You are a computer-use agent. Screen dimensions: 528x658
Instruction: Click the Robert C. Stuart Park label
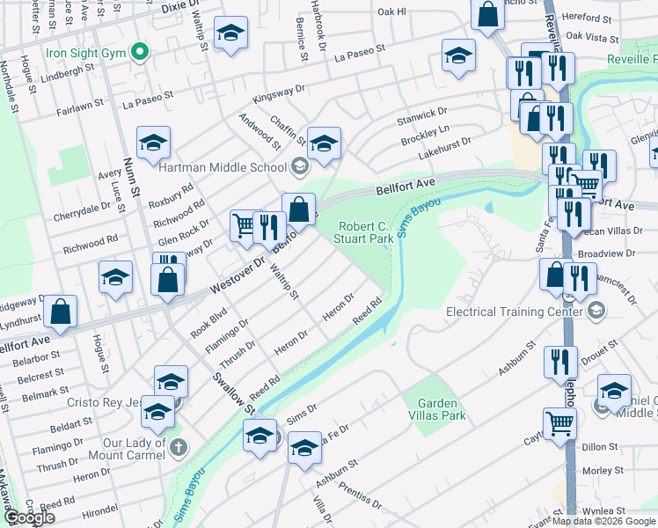pyautogui.click(x=367, y=232)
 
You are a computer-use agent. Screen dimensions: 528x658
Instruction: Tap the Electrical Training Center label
pyautogui.click(x=515, y=311)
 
